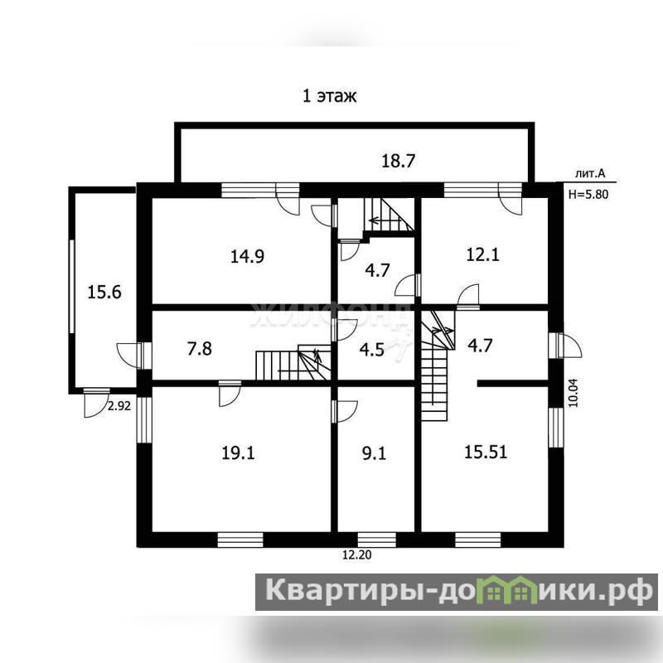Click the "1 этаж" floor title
(329, 96)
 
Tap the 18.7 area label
(399, 161)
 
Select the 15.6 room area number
(104, 293)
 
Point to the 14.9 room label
(247, 256)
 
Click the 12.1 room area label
(482, 254)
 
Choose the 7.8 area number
(199, 349)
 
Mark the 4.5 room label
(371, 350)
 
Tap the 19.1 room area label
(238, 453)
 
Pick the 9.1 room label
(375, 453)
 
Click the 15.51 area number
(486, 452)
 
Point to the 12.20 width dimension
(357, 554)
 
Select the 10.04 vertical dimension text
(573, 393)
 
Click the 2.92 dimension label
(119, 406)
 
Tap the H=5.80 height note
(588, 195)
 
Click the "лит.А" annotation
(590, 173)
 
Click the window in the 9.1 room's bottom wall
(377, 540)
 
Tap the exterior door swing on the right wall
(569, 345)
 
